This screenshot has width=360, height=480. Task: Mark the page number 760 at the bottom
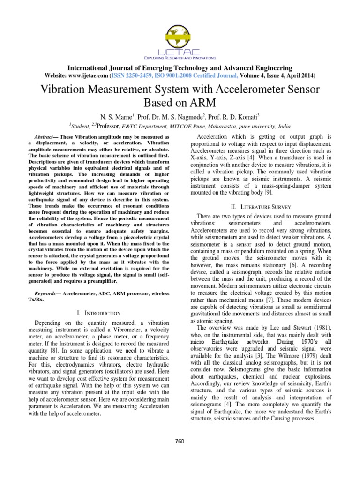coord(180,441)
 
